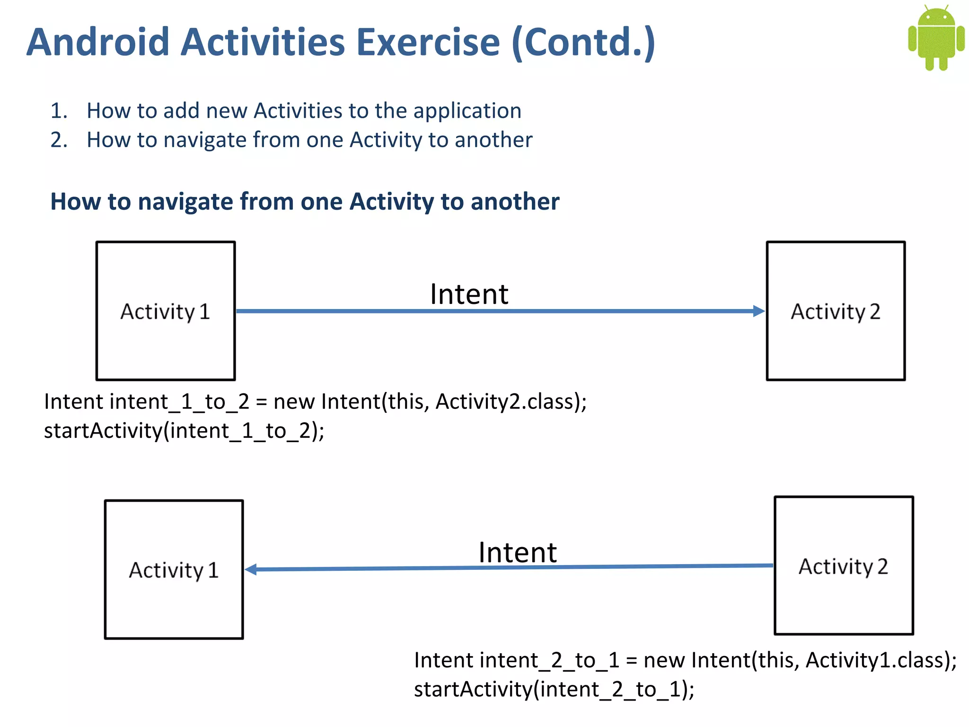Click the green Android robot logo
click(936, 38)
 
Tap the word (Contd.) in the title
click(583, 44)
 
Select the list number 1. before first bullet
click(59, 111)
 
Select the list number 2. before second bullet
click(59, 140)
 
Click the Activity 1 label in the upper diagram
click(165, 312)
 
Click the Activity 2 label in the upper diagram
click(836, 312)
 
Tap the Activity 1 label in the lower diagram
click(174, 570)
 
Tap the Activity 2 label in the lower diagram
click(843, 567)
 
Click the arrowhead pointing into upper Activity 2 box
click(759, 311)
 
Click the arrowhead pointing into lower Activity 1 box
click(251, 569)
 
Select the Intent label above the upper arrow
click(469, 294)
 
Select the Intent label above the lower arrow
click(518, 552)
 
